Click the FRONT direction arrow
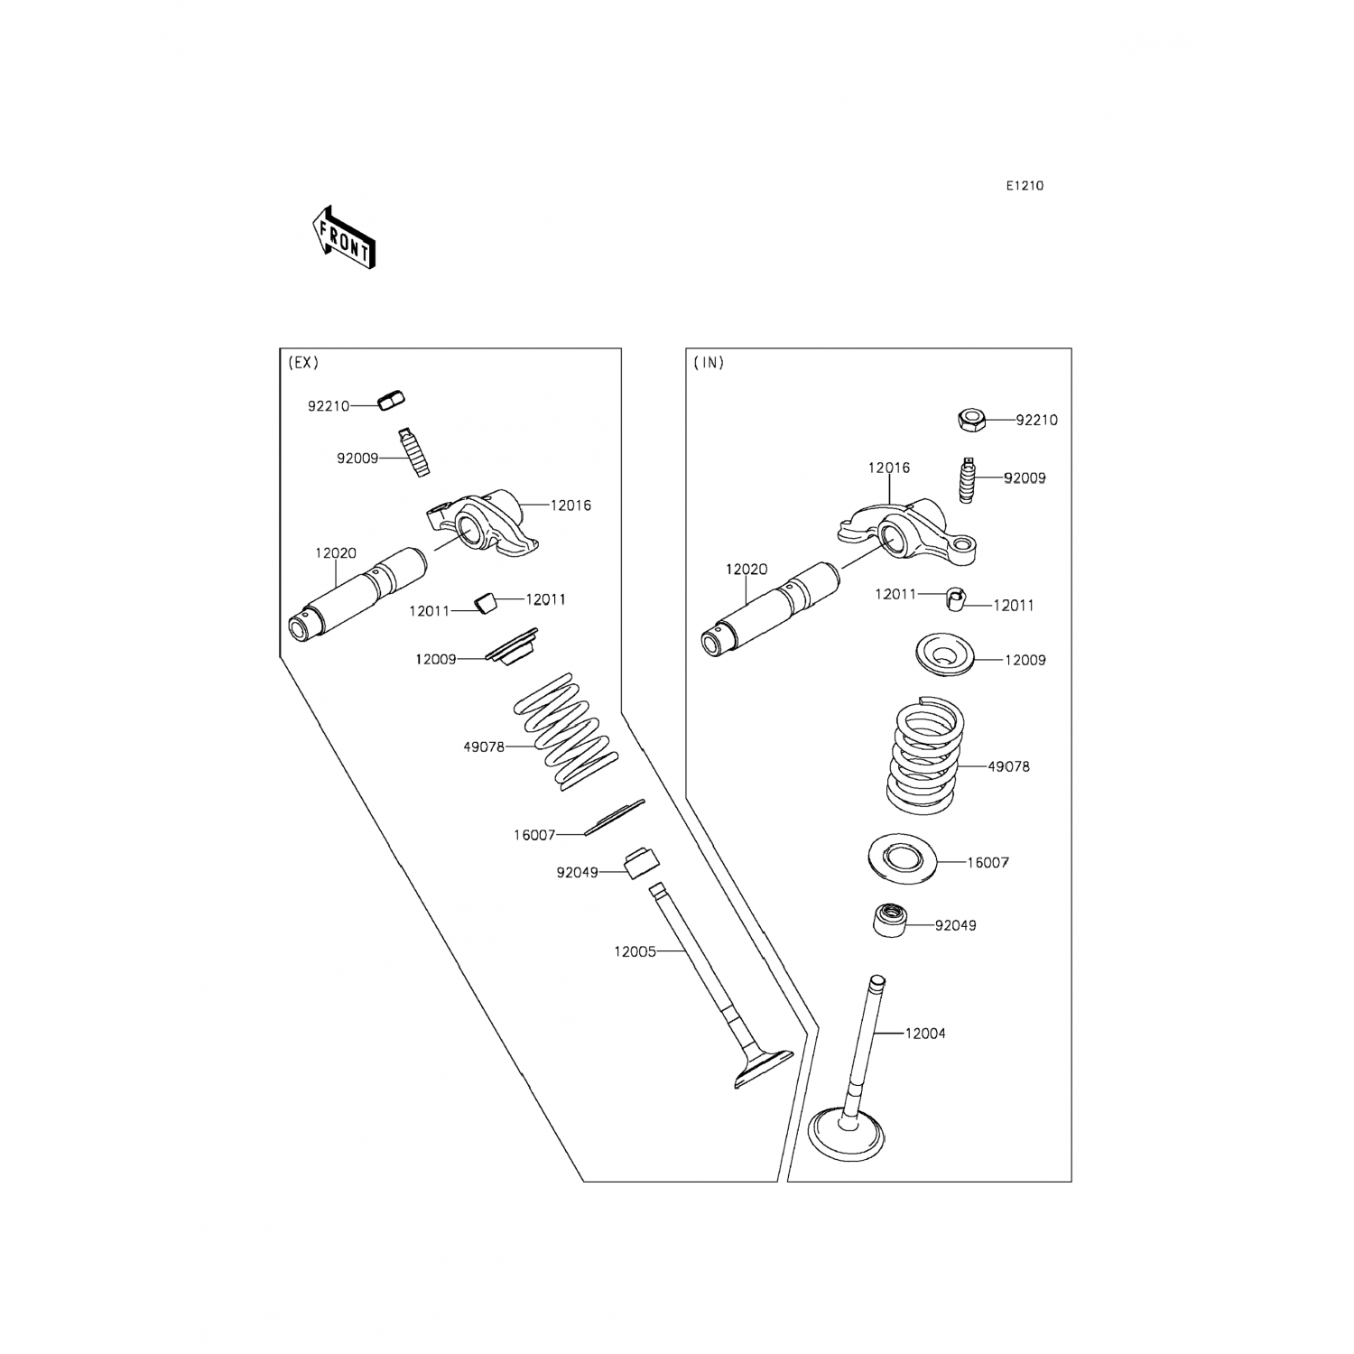click(x=342, y=237)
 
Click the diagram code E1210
click(x=1025, y=186)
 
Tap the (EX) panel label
click(x=303, y=363)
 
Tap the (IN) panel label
click(x=709, y=363)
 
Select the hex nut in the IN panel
click(x=970, y=419)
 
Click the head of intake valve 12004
click(x=847, y=1133)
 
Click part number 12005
click(x=635, y=951)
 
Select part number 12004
click(x=925, y=1034)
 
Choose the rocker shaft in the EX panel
click(x=357, y=596)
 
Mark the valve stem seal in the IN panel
click(x=889, y=920)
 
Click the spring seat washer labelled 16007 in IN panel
click(x=902, y=857)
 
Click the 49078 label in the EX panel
click(x=484, y=747)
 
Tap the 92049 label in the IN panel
click(x=956, y=925)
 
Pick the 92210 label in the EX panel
click(x=329, y=406)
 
